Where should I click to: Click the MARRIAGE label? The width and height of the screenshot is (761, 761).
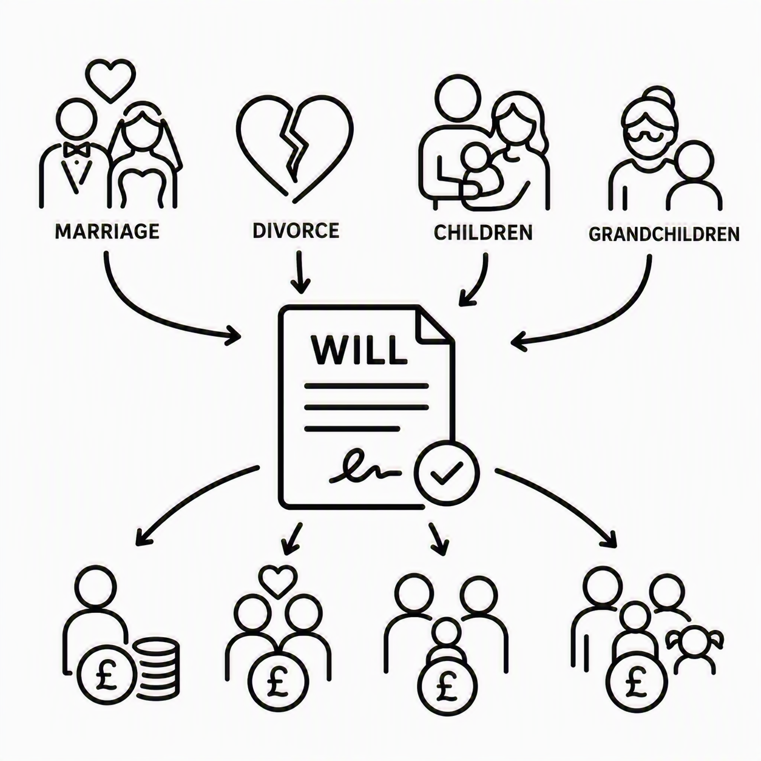pyautogui.click(x=107, y=231)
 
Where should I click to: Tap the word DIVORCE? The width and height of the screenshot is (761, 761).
pyautogui.click(x=296, y=231)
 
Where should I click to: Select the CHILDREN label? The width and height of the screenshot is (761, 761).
pyautogui.click(x=483, y=232)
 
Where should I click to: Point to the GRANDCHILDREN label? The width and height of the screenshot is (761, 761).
pyautogui.click(x=664, y=234)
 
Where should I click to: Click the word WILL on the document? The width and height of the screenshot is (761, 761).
pyautogui.click(x=359, y=351)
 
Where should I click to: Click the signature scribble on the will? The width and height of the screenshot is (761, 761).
pyautogui.click(x=365, y=468)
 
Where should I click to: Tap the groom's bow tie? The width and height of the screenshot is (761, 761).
pyautogui.click(x=76, y=150)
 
